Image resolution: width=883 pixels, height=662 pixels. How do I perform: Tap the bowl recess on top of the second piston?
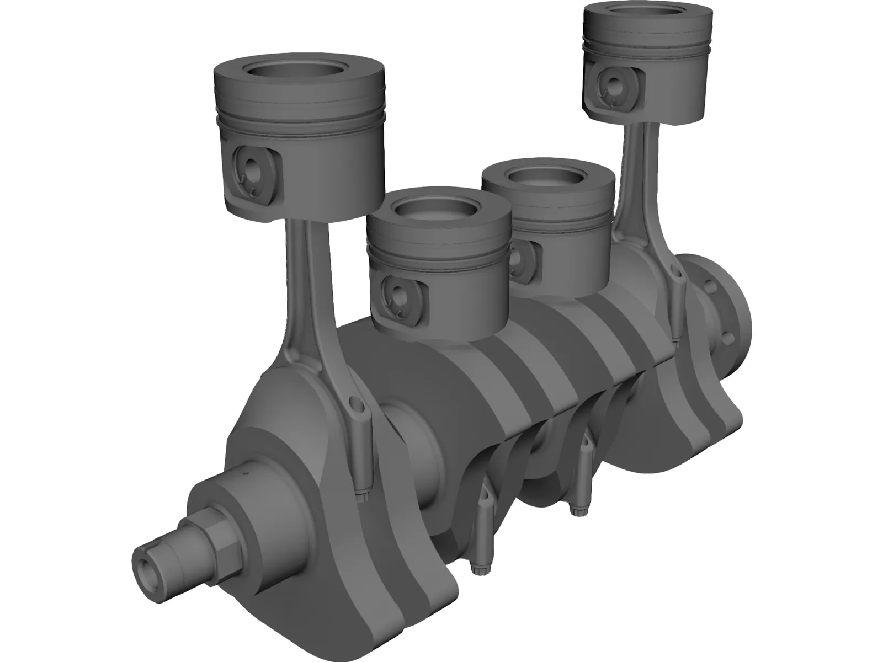(x=439, y=208)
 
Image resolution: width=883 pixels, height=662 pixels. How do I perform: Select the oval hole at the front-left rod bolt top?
(x=359, y=408)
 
